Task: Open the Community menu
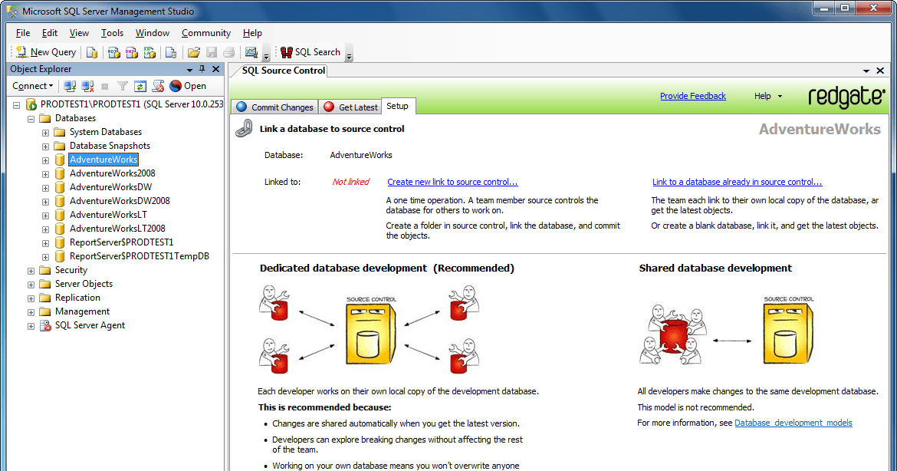coord(205,33)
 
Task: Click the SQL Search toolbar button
coord(310,52)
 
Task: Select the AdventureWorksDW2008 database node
coord(120,201)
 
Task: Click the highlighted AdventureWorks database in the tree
coord(103,160)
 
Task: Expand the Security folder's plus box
coord(31,270)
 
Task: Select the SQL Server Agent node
coord(90,325)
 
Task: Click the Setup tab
coord(397,106)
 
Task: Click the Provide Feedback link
coord(692,96)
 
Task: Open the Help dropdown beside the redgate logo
coord(767,96)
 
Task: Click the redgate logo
coord(846,97)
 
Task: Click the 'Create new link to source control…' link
coord(452,182)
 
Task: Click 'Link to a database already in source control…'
coord(737,182)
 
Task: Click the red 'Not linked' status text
coord(350,182)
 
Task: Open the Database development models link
coord(793,423)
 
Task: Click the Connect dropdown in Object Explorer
coord(33,86)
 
